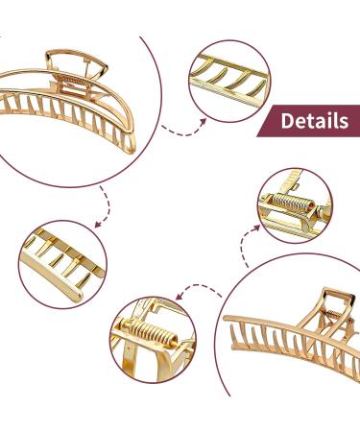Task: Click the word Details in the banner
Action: click(314, 121)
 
